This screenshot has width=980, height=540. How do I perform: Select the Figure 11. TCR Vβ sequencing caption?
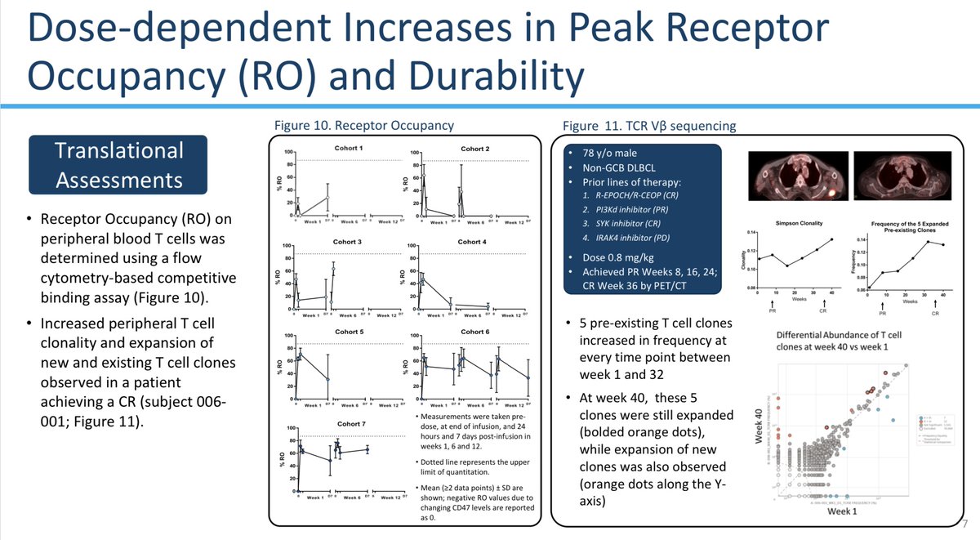point(649,126)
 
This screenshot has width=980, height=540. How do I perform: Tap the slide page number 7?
point(965,524)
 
